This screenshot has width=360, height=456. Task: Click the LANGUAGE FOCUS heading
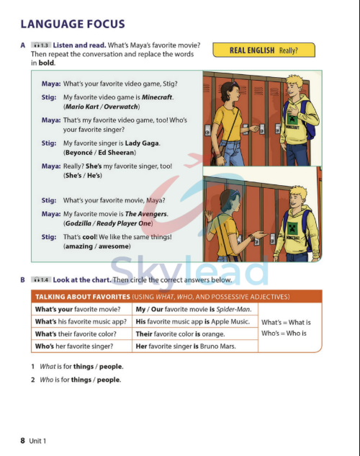(73, 24)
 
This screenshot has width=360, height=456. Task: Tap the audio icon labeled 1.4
(41, 280)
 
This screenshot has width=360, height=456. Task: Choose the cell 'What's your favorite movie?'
(75, 309)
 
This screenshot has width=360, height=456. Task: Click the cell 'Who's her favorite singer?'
(74, 347)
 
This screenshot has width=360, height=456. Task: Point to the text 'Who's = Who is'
(284, 334)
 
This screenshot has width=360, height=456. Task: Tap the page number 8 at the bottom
(23, 440)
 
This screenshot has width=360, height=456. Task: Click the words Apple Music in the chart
(229, 321)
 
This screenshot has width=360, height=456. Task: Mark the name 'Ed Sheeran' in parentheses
(132, 154)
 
